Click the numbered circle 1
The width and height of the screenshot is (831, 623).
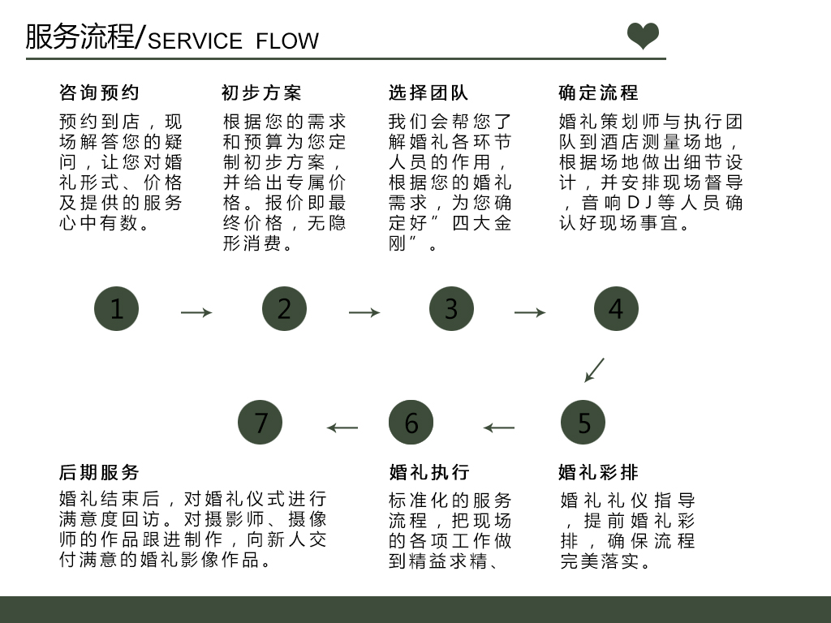117,309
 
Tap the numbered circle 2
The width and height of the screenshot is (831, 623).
284,309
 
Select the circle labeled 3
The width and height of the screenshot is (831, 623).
451,309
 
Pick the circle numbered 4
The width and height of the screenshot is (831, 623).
616,309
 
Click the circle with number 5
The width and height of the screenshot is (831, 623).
583,423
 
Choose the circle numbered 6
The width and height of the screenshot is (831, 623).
411,423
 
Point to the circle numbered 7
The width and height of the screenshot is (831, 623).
260,423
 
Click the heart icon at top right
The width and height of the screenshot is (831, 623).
644,37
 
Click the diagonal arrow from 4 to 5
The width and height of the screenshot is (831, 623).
595,370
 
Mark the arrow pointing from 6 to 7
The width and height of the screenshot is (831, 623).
342,428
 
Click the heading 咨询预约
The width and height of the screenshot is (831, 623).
99,93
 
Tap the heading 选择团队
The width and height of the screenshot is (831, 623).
428,93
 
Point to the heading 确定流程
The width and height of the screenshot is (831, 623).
598,93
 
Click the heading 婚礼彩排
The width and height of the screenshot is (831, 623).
598,472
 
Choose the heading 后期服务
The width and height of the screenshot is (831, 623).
99,472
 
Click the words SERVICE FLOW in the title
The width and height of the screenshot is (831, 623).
234,41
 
